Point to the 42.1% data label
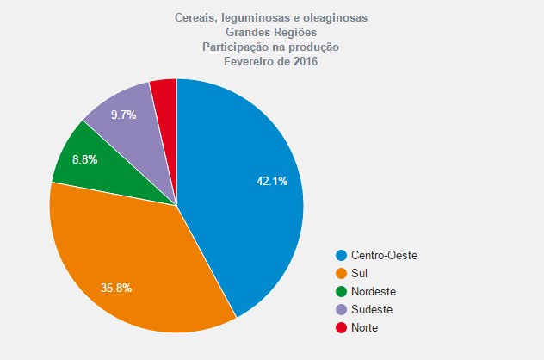coord(272,181)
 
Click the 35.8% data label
coord(115,288)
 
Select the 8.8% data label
coord(84,159)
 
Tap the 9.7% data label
coord(123,115)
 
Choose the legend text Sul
coord(360,273)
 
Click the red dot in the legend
coord(342,327)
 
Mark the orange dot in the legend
coord(342,273)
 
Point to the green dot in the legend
coord(342,291)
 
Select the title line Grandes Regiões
coord(271,33)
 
